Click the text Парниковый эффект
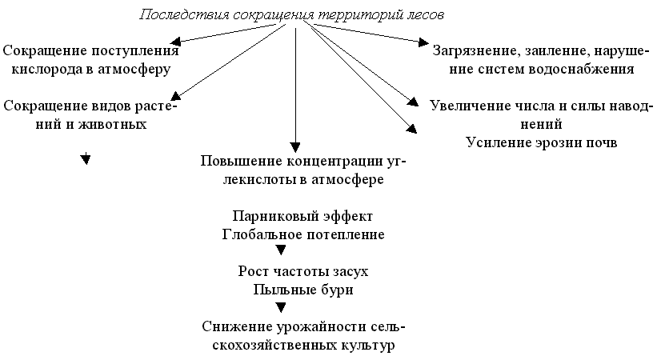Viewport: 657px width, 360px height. tap(302, 217)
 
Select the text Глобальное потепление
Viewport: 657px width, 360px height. tap(302, 235)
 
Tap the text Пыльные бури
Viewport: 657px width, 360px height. tap(302, 290)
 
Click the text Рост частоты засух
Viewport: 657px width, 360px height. tap(302, 271)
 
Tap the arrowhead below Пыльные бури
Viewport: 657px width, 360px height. tap(281, 308)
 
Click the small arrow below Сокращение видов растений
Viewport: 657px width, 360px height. tap(85, 160)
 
